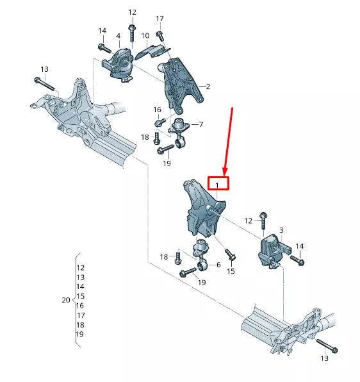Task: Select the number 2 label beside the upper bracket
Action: pyautogui.click(x=208, y=86)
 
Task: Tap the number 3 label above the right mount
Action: pyautogui.click(x=281, y=229)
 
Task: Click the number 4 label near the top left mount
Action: pyautogui.click(x=118, y=36)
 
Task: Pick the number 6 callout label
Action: pyautogui.click(x=218, y=265)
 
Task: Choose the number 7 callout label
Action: pyautogui.click(x=200, y=124)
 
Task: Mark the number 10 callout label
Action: pyautogui.click(x=145, y=36)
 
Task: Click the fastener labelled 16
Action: pyautogui.click(x=158, y=122)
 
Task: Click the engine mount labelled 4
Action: pyautogui.click(x=120, y=65)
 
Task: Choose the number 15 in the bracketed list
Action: pyautogui.click(x=80, y=296)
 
